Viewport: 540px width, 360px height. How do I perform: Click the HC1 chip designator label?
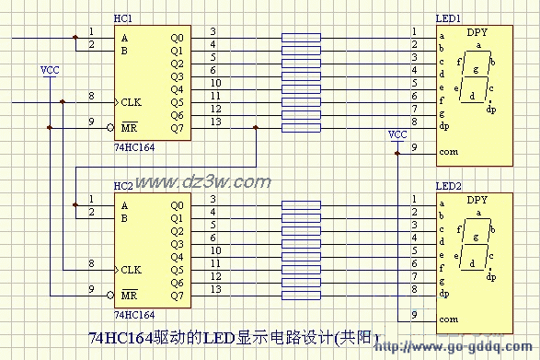(122, 18)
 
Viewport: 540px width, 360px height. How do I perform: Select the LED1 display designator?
(448, 18)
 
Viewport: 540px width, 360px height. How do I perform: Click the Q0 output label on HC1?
(177, 38)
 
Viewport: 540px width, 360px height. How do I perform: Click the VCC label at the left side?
(51, 70)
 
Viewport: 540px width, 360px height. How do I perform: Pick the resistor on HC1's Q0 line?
(301, 38)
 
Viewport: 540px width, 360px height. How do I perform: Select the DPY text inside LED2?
(477, 200)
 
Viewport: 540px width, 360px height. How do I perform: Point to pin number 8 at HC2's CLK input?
(90, 263)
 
